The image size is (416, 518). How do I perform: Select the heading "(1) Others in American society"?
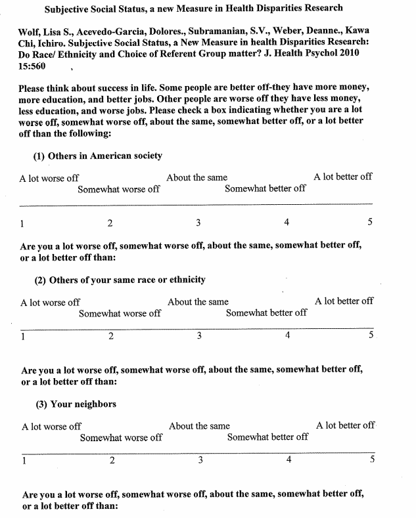97,156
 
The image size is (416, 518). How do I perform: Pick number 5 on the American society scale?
370,222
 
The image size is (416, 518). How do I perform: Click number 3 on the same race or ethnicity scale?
199,336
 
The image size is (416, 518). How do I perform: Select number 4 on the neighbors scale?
289,460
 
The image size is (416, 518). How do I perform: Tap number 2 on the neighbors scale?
112,460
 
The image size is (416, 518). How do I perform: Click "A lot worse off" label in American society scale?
49,178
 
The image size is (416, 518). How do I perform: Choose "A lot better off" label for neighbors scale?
345,425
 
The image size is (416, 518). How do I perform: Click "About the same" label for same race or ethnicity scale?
198,302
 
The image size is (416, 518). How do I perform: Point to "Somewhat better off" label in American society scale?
265,189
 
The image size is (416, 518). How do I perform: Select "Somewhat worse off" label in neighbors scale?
121,437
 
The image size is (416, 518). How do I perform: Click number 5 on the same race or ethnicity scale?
371,335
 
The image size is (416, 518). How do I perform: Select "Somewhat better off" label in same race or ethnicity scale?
266,313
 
